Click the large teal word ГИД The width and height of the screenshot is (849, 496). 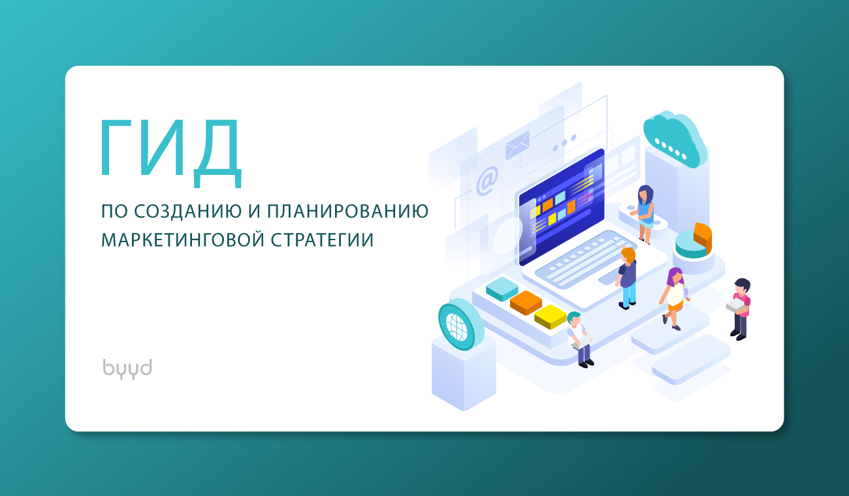tap(170, 153)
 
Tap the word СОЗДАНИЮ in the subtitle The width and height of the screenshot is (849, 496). tap(188, 211)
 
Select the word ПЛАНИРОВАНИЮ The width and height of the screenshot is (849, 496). tap(348, 211)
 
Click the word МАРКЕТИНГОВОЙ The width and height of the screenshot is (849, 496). tap(183, 240)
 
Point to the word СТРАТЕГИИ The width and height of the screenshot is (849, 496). tap(323, 240)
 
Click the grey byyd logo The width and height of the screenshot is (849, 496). tap(127, 368)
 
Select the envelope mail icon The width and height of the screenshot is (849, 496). tap(517, 145)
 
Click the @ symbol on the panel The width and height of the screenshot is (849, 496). tap(487, 181)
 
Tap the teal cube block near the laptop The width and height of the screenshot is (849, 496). tap(502, 288)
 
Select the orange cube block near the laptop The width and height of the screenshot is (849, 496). tap(526, 303)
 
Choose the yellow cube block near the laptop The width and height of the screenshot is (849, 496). tap(550, 317)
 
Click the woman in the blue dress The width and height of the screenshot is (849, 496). tap(645, 214)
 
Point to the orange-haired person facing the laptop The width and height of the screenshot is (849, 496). tap(626, 278)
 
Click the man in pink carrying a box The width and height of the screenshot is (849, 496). tap(740, 309)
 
